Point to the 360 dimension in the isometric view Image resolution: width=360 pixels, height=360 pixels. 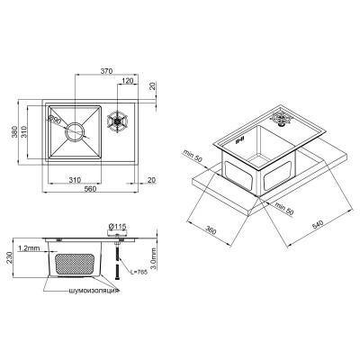pyautogui.click(x=211, y=231)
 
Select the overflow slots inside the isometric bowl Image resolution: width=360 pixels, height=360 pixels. pyautogui.click(x=239, y=139)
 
